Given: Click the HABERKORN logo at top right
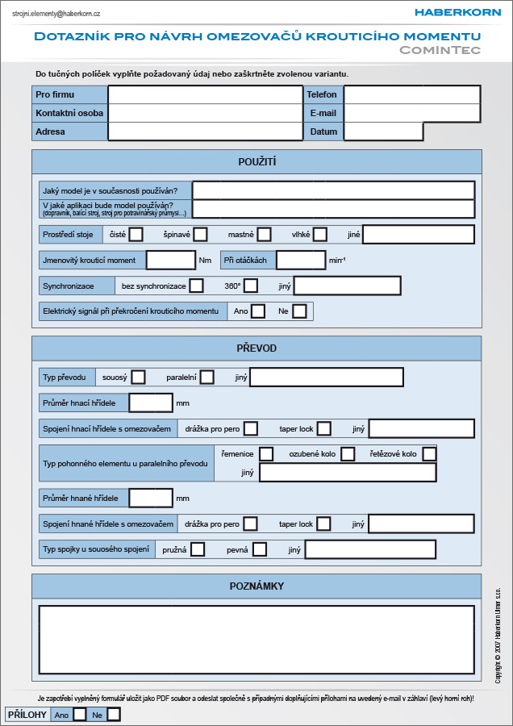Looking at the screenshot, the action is click(x=457, y=12).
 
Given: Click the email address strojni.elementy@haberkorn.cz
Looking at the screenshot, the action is click(x=56, y=14).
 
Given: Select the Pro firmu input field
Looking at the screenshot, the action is click(x=205, y=94).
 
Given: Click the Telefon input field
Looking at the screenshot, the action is click(x=411, y=94).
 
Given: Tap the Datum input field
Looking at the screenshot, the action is click(x=383, y=131).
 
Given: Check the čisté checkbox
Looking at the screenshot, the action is click(x=136, y=234).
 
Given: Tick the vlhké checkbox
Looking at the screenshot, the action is click(x=320, y=234).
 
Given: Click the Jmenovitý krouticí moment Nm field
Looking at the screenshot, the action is click(x=171, y=261).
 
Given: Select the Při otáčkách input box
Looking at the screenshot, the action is click(x=301, y=261).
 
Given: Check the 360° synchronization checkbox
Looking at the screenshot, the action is click(x=251, y=286).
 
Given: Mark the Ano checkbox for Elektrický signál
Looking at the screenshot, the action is click(x=258, y=311).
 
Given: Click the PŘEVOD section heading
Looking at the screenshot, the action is click(x=256, y=348).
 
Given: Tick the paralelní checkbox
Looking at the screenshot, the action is click(x=207, y=377).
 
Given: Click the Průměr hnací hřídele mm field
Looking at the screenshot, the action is click(x=151, y=403).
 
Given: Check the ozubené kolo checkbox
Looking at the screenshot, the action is click(x=348, y=453).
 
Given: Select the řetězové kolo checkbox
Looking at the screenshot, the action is click(x=429, y=453).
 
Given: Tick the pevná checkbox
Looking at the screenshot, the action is click(x=260, y=549).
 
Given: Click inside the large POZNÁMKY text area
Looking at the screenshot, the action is click(x=256, y=640).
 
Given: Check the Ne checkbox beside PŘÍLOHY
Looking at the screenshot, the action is click(x=114, y=715).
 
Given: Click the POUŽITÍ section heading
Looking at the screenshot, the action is click(x=257, y=162).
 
